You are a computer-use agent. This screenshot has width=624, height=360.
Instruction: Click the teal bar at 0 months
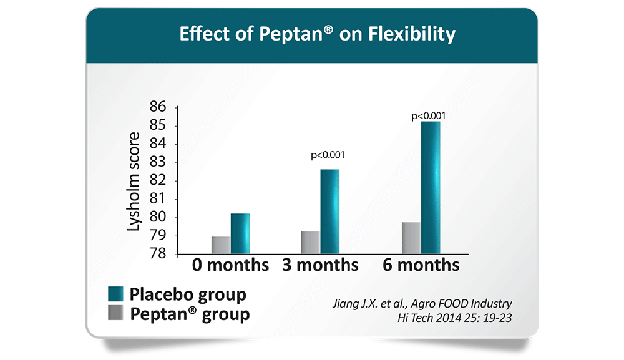pyautogui.click(x=240, y=233)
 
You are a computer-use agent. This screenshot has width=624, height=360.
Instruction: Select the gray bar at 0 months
pyautogui.click(x=221, y=245)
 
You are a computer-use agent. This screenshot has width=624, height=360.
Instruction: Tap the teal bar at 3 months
pyautogui.click(x=330, y=212)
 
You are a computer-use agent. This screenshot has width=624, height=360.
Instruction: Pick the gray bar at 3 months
pyautogui.click(x=311, y=243)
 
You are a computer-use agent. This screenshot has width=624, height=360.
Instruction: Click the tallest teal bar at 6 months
pyautogui.click(x=431, y=188)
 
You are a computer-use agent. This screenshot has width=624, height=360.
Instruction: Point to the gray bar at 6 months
pyautogui.click(x=411, y=238)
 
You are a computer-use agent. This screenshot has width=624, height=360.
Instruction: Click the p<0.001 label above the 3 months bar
pyautogui.click(x=328, y=155)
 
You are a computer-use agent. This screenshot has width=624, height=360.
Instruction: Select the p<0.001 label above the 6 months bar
pyautogui.click(x=428, y=116)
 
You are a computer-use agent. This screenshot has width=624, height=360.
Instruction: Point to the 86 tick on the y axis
pyautogui.click(x=158, y=107)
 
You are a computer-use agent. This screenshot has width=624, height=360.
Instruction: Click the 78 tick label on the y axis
pyautogui.click(x=158, y=253)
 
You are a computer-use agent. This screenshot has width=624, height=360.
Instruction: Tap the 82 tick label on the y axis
pyautogui.click(x=158, y=180)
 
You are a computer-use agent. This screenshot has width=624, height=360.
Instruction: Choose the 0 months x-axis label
pyautogui.click(x=230, y=265)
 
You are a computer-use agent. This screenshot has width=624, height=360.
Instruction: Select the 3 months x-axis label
pyautogui.click(x=320, y=265)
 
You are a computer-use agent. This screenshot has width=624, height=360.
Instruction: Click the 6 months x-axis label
pyautogui.click(x=421, y=265)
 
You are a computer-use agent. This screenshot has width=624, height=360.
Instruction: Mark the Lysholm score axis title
pyautogui.click(x=134, y=182)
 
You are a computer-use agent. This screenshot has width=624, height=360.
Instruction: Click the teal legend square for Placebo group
pyautogui.click(x=115, y=294)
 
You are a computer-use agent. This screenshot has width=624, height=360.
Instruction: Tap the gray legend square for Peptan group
pyautogui.click(x=115, y=313)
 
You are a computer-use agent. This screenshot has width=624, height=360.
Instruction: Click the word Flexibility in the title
pyautogui.click(x=411, y=34)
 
